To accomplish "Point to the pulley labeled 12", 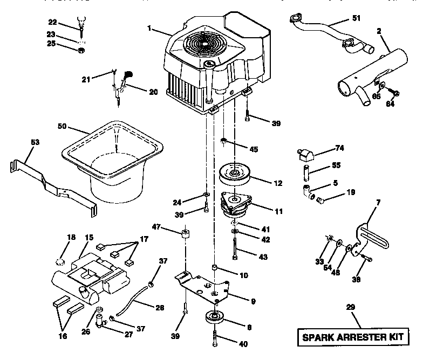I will click(237, 175).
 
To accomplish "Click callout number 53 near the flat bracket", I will click(20, 143).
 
